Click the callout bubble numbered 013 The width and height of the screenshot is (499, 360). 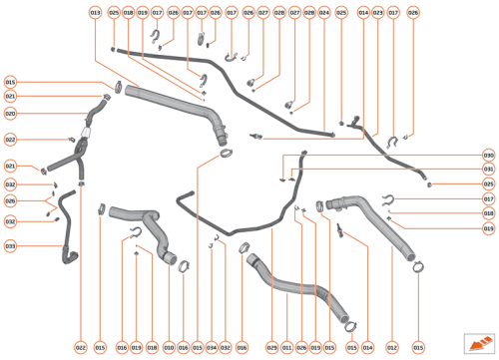tap(95, 12)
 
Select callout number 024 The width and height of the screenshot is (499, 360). tap(323, 12)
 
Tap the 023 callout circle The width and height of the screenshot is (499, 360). tap(377, 12)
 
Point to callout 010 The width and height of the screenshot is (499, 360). tap(169, 347)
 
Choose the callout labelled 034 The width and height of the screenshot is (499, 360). tap(211, 347)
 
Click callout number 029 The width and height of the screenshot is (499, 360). tap(271, 347)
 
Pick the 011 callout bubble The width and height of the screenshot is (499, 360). tap(286, 347)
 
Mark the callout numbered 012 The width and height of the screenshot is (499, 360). tap(391, 347)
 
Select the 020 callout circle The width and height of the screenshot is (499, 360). tap(10, 113)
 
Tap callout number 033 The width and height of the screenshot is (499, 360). tap(10, 245)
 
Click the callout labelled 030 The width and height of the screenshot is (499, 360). tap(489, 155)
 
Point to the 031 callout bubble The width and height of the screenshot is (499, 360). tap(489, 170)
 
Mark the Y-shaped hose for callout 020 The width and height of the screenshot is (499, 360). tap(75, 150)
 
